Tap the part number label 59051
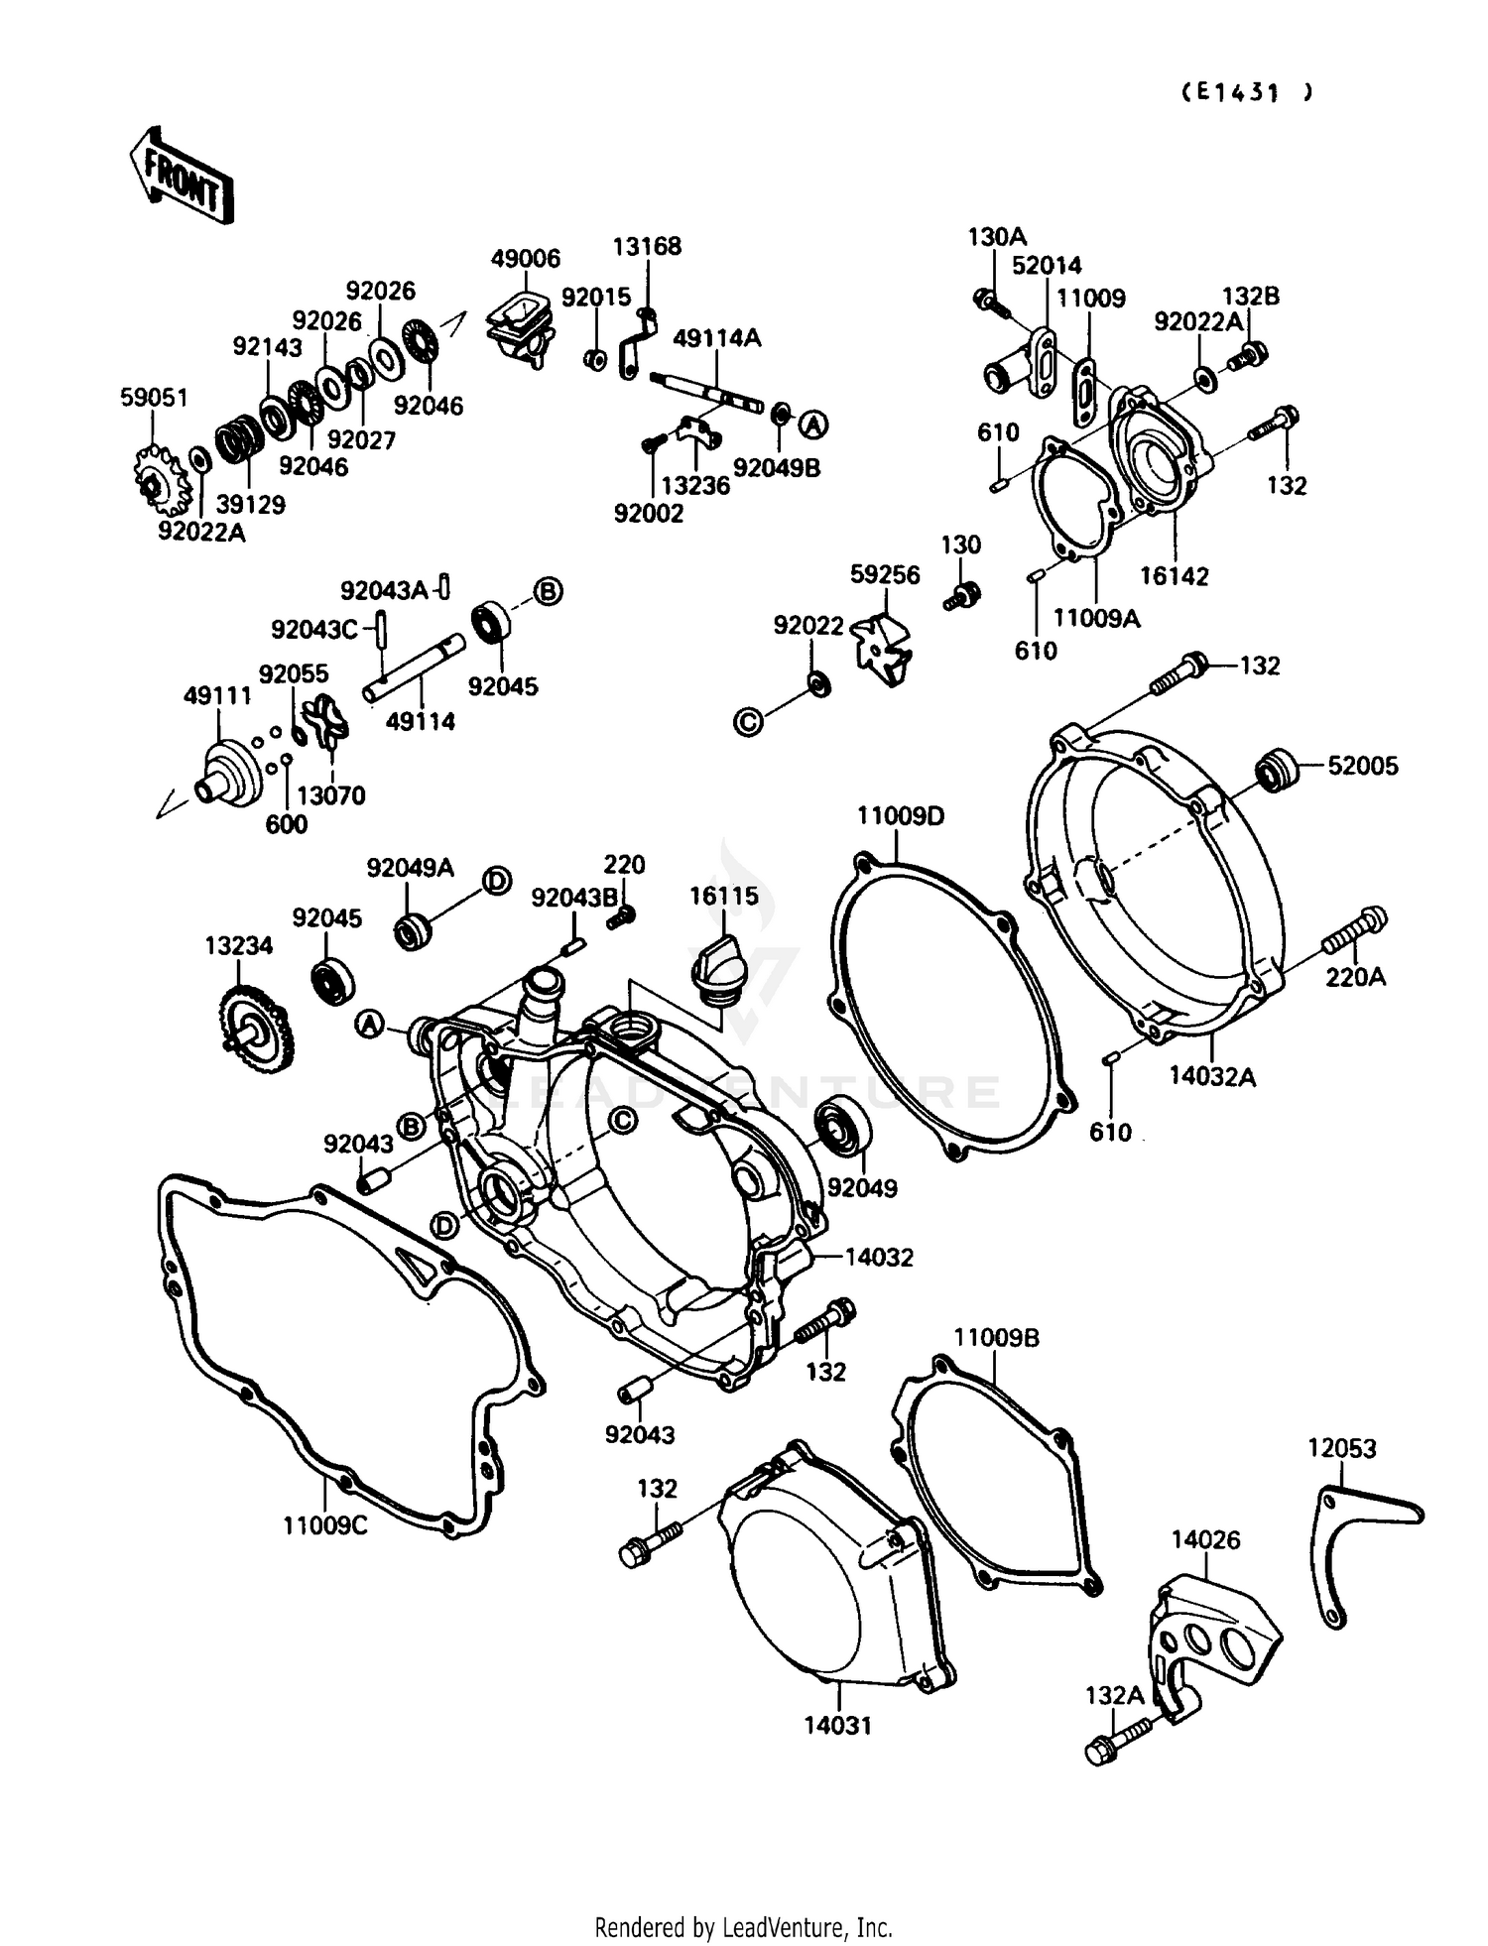pos(154,398)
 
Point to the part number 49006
pos(525,259)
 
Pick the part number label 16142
pos(1174,576)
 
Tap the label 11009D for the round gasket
pos(901,816)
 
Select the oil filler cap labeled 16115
pos(713,960)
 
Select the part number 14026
pos(1205,1540)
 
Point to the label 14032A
pos(1212,1076)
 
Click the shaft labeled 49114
pos(415,669)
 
